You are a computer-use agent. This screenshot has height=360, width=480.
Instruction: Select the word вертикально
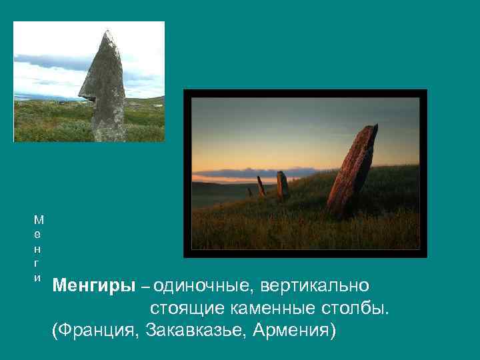314,287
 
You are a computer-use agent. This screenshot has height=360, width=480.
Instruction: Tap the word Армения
293,331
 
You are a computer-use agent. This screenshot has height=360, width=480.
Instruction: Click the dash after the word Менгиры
145,287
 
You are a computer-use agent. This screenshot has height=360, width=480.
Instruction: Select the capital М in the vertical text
38,218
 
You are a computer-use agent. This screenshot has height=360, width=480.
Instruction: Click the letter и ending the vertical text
38,277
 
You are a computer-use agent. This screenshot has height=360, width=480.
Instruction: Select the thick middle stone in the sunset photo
283,186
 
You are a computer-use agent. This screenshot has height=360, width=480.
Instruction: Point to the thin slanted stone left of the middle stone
261,186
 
